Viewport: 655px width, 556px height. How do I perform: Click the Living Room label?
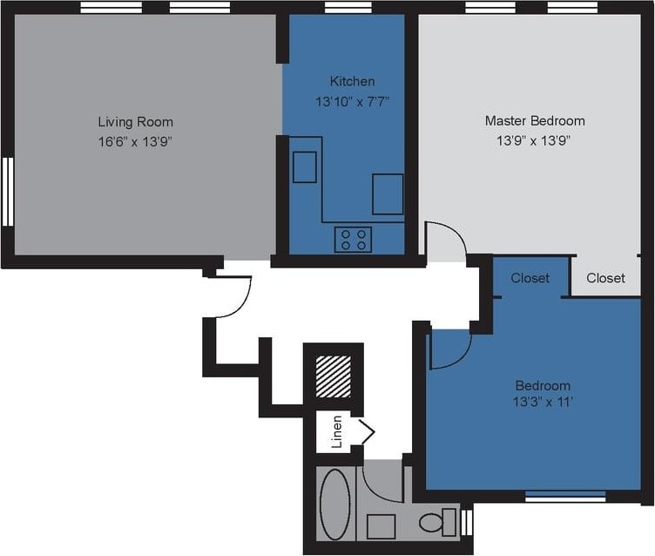(x=135, y=121)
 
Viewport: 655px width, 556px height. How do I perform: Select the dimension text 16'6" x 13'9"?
(x=135, y=140)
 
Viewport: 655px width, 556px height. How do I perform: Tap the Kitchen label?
(x=352, y=81)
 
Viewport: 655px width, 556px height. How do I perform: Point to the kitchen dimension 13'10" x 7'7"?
(x=352, y=101)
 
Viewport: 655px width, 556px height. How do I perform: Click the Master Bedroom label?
(x=534, y=120)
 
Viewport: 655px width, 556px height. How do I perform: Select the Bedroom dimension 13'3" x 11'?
(x=543, y=403)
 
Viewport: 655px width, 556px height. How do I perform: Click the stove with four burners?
(x=353, y=239)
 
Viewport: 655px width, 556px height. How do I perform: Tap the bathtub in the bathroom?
(x=334, y=505)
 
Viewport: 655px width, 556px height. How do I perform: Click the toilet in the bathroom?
(x=436, y=522)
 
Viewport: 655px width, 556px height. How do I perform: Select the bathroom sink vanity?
(x=381, y=526)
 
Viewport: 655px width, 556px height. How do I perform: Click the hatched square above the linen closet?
(x=332, y=377)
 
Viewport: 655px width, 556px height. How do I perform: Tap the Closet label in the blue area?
(x=530, y=278)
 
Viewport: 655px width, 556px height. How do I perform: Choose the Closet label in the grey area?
(x=605, y=278)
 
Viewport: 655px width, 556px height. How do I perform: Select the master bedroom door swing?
(x=446, y=241)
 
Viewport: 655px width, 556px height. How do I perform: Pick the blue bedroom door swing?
(x=451, y=349)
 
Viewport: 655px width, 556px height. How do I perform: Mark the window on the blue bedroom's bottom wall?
(x=565, y=497)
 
